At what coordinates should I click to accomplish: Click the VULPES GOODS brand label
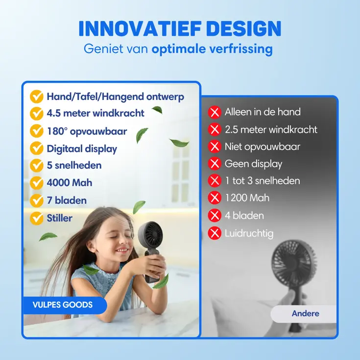click(x=63, y=305)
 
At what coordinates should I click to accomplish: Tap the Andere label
click(x=305, y=313)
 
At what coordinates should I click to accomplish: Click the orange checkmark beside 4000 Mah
click(x=37, y=183)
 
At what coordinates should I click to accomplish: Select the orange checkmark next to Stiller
click(x=37, y=218)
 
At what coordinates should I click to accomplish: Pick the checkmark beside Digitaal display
click(x=37, y=148)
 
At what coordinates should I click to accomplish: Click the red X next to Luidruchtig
click(x=215, y=233)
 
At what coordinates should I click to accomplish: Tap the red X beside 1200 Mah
click(x=215, y=198)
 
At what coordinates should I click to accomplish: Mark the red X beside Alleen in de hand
click(x=215, y=112)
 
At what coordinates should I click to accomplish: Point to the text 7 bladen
click(x=67, y=200)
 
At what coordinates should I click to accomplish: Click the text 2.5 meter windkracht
click(x=271, y=130)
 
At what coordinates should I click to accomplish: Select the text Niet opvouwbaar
click(x=263, y=146)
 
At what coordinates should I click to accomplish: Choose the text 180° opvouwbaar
click(x=87, y=131)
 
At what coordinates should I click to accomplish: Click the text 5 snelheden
click(x=74, y=166)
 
